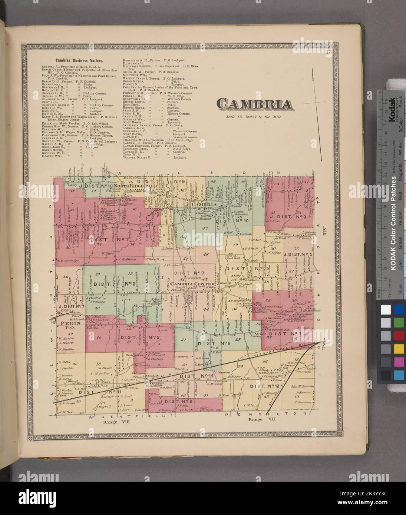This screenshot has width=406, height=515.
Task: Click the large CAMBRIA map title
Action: tap(254, 104)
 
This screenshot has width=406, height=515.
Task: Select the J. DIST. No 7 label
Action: tap(72, 306)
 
